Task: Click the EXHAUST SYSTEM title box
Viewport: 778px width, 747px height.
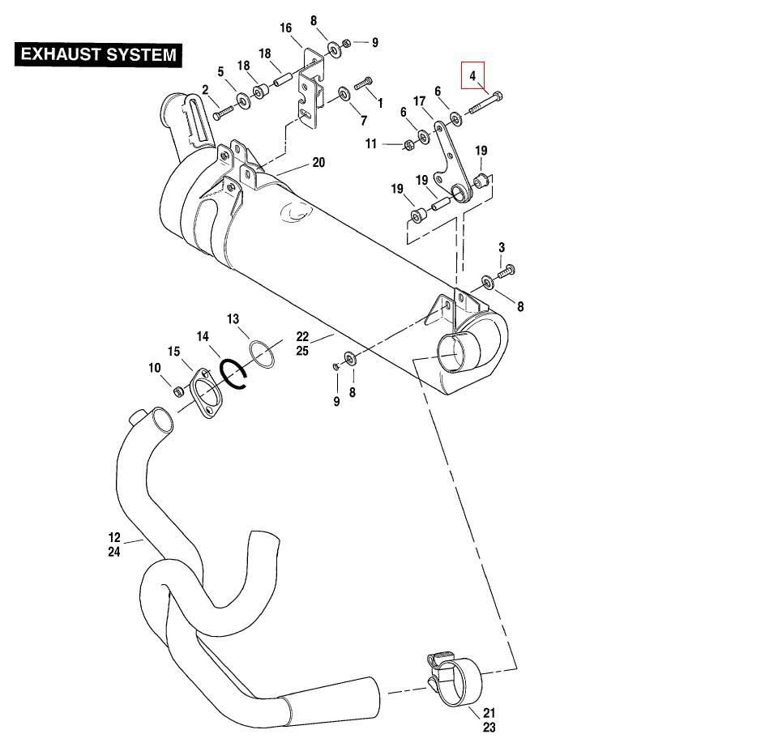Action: (x=98, y=55)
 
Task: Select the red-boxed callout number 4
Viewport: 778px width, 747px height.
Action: (x=472, y=75)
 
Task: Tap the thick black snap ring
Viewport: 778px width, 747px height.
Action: (x=234, y=374)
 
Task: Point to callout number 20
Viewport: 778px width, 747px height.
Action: (x=318, y=163)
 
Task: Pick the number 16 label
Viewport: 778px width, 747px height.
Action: (x=286, y=28)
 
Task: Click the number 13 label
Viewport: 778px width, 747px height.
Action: (x=233, y=318)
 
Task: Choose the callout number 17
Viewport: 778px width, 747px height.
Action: (x=420, y=101)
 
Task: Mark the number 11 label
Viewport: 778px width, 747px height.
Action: (x=371, y=143)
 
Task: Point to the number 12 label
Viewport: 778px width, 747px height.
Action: (x=114, y=536)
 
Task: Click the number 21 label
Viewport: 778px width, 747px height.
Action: (x=489, y=713)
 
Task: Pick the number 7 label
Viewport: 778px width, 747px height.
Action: (x=364, y=122)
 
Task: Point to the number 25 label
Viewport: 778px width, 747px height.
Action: (x=302, y=352)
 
